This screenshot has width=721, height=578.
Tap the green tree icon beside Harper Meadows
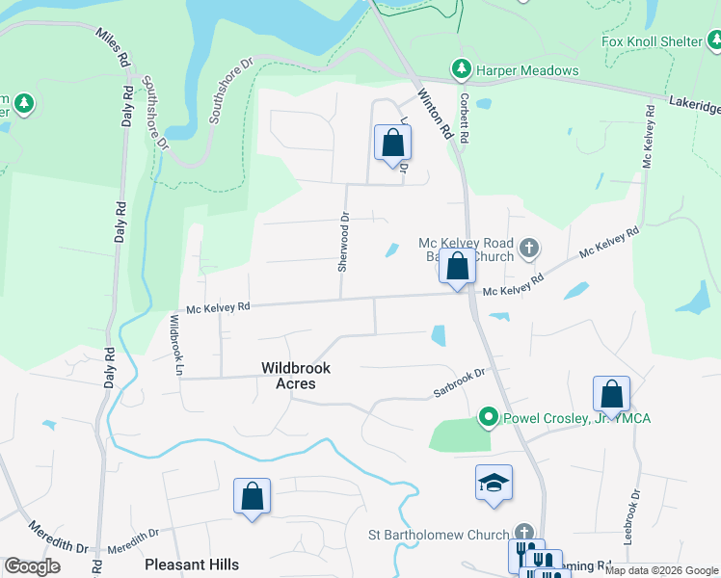pyautogui.click(x=461, y=69)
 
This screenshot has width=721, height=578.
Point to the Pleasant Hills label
pyautogui.click(x=191, y=564)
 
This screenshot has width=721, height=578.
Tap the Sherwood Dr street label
pyautogui.click(x=343, y=242)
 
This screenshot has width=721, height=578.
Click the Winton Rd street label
pyautogui.click(x=436, y=116)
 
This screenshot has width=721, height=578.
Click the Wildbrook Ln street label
pyautogui.click(x=176, y=343)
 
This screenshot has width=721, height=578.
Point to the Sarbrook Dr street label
pyautogui.click(x=457, y=384)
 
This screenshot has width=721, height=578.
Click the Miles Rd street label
pyautogui.click(x=112, y=46)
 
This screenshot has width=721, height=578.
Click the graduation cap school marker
pyautogui.click(x=494, y=482)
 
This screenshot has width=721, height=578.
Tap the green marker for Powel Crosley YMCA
pyautogui.click(x=489, y=417)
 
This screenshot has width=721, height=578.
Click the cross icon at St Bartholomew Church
pyautogui.click(x=523, y=533)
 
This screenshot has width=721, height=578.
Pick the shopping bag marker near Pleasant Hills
pyautogui.click(x=253, y=496)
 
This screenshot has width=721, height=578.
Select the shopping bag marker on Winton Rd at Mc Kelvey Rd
pyautogui.click(x=457, y=266)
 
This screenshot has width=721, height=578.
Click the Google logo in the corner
pyautogui.click(x=32, y=566)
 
